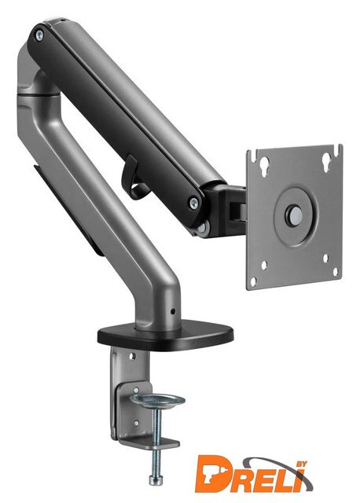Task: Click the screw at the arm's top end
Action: (39, 35)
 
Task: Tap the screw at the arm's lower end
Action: (193, 203)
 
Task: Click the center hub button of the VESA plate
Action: (294, 213)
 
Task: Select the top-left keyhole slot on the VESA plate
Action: (264, 167)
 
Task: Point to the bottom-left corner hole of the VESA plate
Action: (253, 282)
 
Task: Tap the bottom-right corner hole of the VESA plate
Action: (336, 271)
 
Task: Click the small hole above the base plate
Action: (173, 311)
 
